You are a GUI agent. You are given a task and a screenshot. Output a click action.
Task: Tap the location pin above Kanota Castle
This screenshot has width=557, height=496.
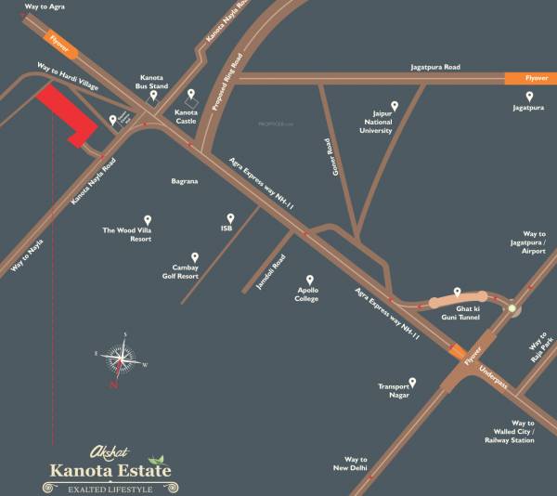pyautogui.click(x=192, y=96)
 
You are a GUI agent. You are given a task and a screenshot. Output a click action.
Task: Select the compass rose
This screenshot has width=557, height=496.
pyautogui.click(x=121, y=359)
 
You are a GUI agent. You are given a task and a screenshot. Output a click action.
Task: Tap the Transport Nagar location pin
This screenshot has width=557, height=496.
pyautogui.click(x=411, y=382)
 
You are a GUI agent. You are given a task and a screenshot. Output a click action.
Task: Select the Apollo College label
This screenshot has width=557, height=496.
pyautogui.click(x=307, y=294)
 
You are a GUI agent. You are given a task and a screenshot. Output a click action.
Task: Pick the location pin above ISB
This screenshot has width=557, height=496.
pyautogui.click(x=227, y=214)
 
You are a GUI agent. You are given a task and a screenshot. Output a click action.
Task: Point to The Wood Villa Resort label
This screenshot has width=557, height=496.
pyautogui.click(x=127, y=234)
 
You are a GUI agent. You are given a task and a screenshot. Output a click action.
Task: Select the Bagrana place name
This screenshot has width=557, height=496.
pyautogui.click(x=185, y=181)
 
